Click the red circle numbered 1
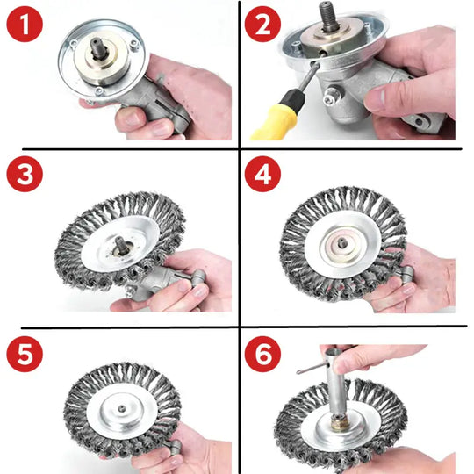click(x=25, y=25)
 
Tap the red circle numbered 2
click(x=262, y=25)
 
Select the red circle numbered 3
click(x=25, y=174)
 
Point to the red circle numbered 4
click(x=262, y=174)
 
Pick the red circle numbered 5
click(x=25, y=354)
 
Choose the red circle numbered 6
click(x=262, y=354)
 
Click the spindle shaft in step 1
click(x=99, y=48)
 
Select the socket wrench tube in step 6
click(x=336, y=383)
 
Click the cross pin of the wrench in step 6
click(x=312, y=369)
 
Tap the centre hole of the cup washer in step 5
click(x=122, y=409)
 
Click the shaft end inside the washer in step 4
click(x=342, y=242)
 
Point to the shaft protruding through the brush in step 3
click(x=120, y=244)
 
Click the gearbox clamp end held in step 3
click(x=197, y=276)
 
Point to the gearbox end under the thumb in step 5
click(x=175, y=447)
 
